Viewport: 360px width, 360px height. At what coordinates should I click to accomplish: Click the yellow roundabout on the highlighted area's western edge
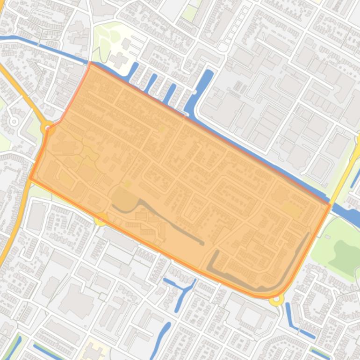48,128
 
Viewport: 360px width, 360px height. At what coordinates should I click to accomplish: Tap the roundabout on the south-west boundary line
101,218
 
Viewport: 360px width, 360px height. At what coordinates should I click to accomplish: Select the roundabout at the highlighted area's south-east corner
277,298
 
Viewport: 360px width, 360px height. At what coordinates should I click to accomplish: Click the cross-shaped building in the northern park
119,60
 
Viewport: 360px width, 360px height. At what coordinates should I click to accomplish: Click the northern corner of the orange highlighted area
90,64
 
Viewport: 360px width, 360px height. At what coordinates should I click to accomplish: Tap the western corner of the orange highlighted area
30,178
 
